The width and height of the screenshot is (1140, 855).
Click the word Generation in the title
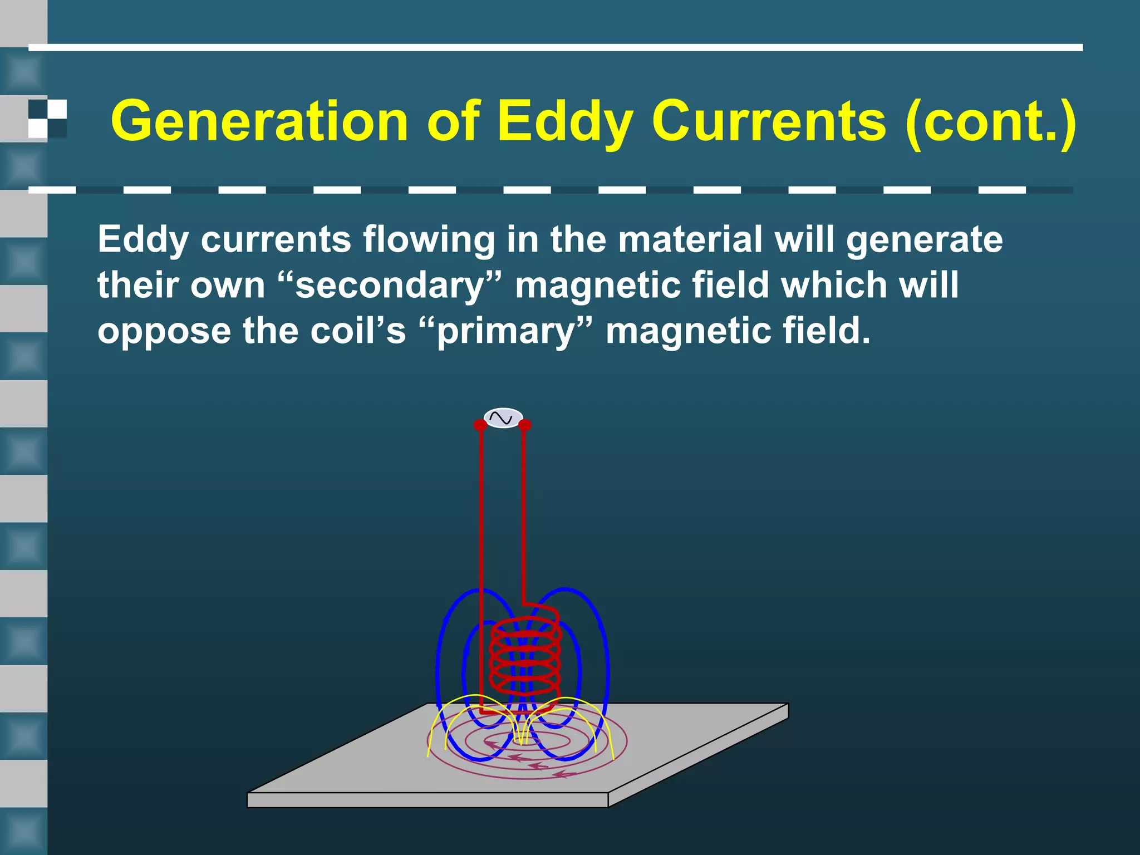(x=259, y=121)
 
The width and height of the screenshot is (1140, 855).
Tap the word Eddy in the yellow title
(x=565, y=121)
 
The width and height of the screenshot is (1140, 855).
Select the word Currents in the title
(x=768, y=121)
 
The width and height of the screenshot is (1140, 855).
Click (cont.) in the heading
(x=990, y=121)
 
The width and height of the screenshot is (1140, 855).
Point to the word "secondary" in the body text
(x=390, y=285)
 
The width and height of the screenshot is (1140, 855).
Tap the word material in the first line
(x=690, y=239)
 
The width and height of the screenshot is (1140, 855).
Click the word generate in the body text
(x=924, y=239)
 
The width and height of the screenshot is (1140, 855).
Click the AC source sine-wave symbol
(x=503, y=418)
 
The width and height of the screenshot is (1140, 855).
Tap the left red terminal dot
(x=480, y=425)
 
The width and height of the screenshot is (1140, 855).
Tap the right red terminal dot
(x=524, y=425)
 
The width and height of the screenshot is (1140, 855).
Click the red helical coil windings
(x=525, y=657)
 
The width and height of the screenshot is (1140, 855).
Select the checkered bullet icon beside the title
(x=47, y=119)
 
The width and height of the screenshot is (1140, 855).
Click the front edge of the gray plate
(x=427, y=800)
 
